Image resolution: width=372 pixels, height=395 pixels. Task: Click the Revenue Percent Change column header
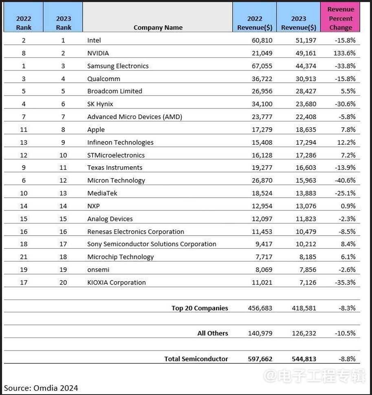[340, 18]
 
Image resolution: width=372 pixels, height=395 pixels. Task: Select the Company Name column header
[158, 28]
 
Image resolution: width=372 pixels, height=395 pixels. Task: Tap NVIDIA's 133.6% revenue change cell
[344, 53]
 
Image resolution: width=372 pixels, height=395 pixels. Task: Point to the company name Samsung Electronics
[118, 66]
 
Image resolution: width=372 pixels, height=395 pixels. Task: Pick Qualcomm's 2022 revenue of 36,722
[260, 79]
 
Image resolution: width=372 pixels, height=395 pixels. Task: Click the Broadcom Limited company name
[114, 91]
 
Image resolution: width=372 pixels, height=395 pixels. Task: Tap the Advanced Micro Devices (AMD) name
[134, 117]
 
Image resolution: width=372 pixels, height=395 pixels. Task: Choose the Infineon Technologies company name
[120, 142]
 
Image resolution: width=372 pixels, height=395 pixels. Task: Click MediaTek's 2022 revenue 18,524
[260, 193]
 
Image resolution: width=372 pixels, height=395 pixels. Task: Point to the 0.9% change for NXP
[349, 206]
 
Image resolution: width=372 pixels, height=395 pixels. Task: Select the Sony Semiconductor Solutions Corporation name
[152, 244]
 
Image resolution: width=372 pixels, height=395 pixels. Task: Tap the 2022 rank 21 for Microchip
[24, 257]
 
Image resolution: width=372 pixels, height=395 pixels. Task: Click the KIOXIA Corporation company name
[116, 282]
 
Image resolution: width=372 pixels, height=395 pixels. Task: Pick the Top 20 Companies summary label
[200, 308]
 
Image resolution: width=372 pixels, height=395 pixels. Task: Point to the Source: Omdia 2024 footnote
[41, 388]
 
